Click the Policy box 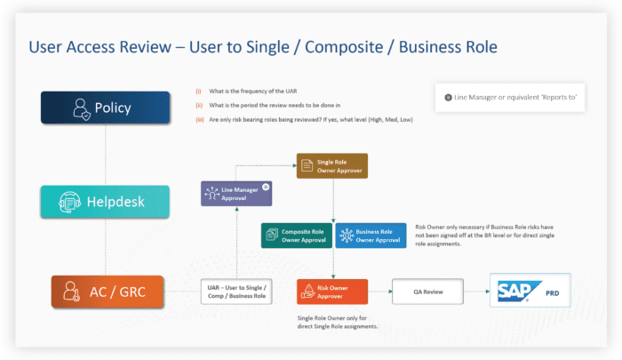coord(105,108)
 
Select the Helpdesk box coord(105,202)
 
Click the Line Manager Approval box coord(235,193)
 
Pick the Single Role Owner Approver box coord(331,166)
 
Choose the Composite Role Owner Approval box coord(297,235)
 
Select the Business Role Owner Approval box coord(371,235)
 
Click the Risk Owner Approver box coord(331,291)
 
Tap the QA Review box coord(430,291)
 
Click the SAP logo coord(517,291)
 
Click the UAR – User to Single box coord(235,291)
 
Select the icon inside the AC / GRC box coord(69,291)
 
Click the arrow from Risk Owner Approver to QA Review coord(379,291)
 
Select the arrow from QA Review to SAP coord(480,291)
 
